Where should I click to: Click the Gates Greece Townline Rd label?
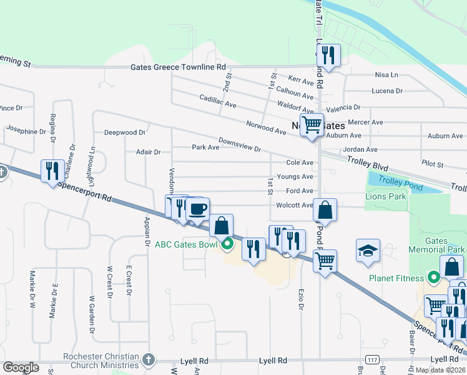pyautogui.click(x=178, y=67)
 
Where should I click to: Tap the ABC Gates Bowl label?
pyautogui.click(x=186, y=244)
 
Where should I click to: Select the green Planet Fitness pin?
pyautogui.click(x=434, y=277)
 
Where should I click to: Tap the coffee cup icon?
pyautogui.click(x=197, y=209)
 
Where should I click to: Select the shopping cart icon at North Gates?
pyautogui.click(x=312, y=124)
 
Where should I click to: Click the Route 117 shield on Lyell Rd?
pyautogui.click(x=373, y=360)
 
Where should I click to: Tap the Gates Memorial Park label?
pyautogui.click(x=445, y=245)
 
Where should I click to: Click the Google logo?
pyautogui.click(x=21, y=367)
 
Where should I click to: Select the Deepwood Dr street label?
pyautogui.click(x=124, y=132)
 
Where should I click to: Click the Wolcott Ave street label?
pyautogui.click(x=294, y=205)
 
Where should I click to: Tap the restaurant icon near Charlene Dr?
pyautogui.click(x=52, y=171)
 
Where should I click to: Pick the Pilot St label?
pyautogui.click(x=432, y=164)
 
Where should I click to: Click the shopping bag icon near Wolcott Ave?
pyautogui.click(x=325, y=209)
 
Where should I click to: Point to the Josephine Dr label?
pyautogui.click(x=26, y=131)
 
